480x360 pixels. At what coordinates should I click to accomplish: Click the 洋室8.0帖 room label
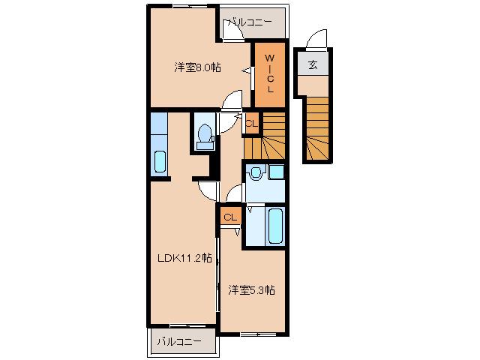point(198,67)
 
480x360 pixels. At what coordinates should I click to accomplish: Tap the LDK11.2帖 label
point(184,259)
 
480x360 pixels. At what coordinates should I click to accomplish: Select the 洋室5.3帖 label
point(251,289)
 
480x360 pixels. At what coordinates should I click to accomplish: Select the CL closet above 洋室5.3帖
point(230,217)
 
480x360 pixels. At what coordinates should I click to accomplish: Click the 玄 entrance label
point(311,64)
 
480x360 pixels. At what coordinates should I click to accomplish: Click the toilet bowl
point(203,134)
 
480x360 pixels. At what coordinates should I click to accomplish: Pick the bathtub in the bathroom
point(274,225)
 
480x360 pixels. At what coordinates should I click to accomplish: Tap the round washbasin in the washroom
point(256,173)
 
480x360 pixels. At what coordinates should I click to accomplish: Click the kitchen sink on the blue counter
point(158,161)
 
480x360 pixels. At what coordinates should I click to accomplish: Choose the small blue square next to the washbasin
point(276,172)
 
